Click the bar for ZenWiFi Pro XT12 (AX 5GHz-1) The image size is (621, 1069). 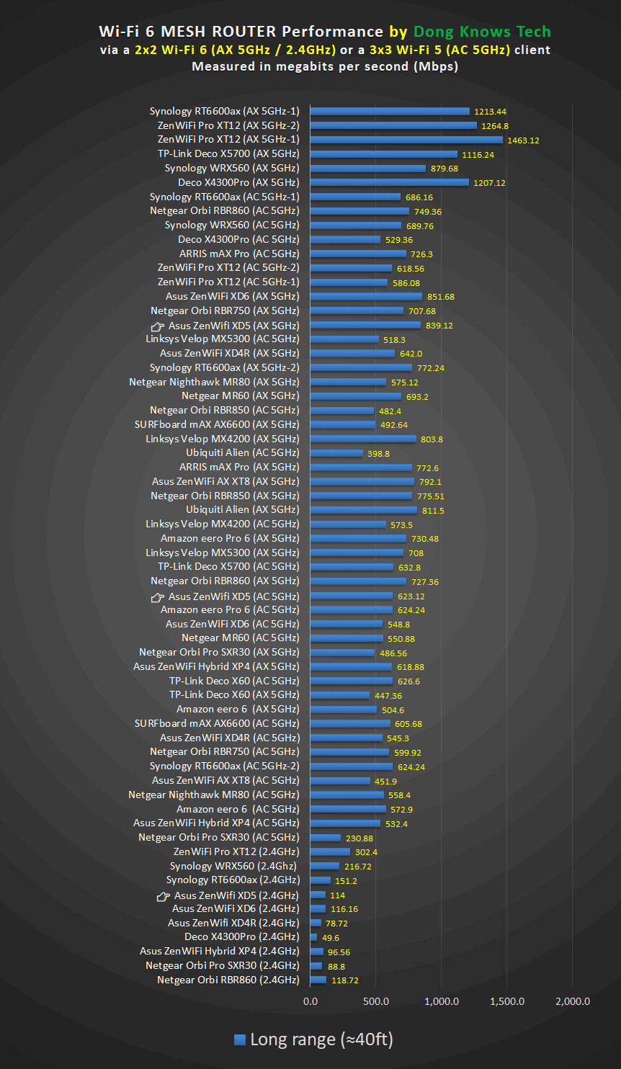(406, 140)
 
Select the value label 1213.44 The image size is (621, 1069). (490, 112)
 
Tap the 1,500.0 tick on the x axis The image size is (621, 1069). (507, 1001)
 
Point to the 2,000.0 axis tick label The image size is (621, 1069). (573, 1001)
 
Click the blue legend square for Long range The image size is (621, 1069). (241, 1040)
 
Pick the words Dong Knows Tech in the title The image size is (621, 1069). (481, 32)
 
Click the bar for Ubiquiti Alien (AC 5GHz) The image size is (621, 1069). (336, 453)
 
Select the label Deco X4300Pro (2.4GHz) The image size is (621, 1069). (241, 936)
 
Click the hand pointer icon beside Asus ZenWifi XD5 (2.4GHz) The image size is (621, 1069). (164, 896)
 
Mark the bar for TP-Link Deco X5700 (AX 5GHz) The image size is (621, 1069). (384, 154)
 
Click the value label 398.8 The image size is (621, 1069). (378, 453)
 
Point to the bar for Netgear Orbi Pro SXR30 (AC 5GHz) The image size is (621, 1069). (326, 838)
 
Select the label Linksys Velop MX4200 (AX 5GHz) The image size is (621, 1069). (222, 439)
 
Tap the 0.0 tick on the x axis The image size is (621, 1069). (310, 1001)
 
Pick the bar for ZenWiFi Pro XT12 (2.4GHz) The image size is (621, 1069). (330, 851)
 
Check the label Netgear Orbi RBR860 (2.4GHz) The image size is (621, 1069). (228, 980)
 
